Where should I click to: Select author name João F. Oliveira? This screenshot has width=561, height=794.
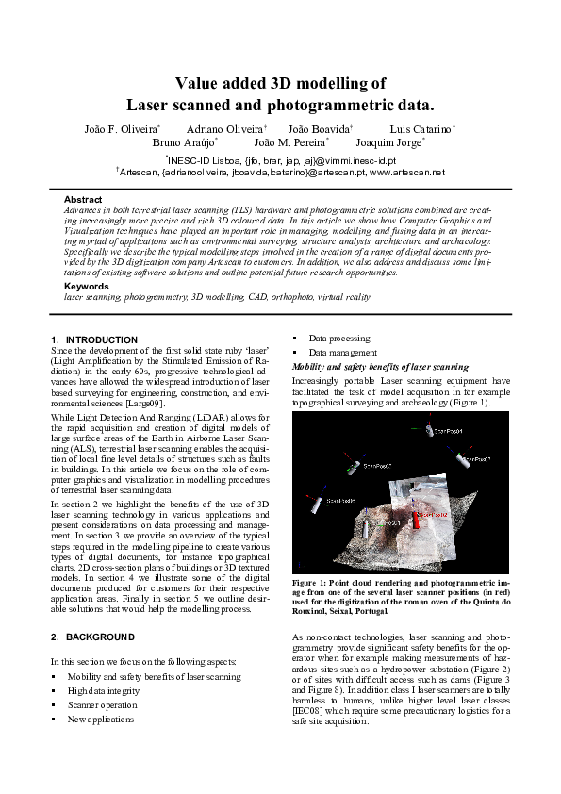click(122, 127)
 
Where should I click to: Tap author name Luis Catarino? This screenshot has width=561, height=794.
click(421, 127)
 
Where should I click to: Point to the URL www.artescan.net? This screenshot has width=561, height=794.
click(407, 173)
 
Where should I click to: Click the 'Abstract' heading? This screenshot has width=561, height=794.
click(83, 200)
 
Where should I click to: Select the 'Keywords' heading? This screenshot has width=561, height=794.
click(86, 286)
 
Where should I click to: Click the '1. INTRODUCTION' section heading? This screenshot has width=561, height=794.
click(94, 339)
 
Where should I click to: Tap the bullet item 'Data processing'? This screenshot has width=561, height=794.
click(339, 337)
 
